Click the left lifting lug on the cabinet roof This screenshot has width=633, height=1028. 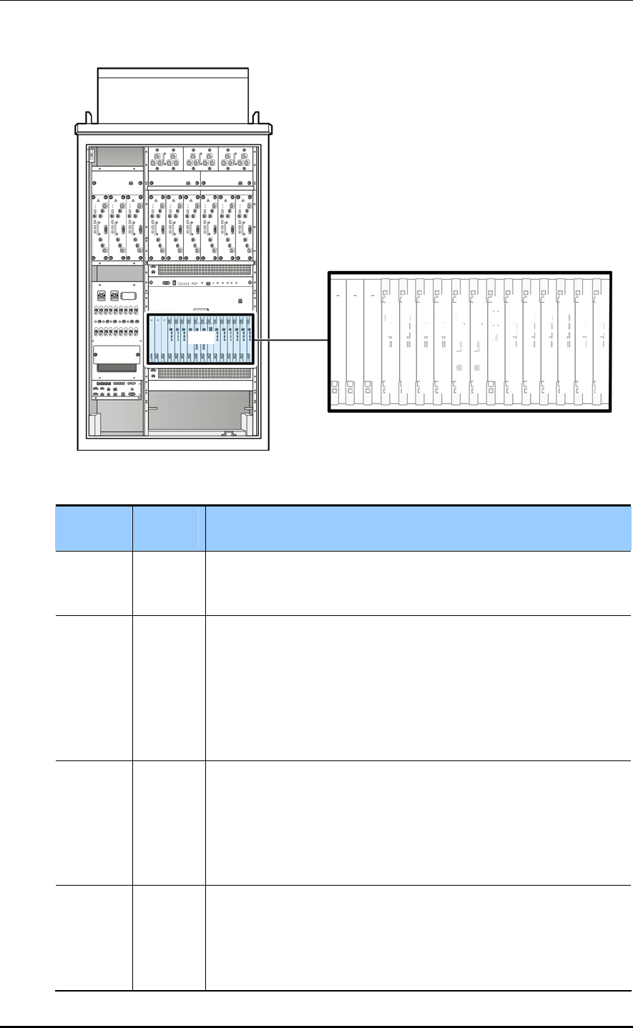[87, 116]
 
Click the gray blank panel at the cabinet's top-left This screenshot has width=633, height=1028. [118, 157]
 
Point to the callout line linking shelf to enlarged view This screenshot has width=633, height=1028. [290, 340]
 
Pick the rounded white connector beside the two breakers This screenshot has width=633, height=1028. [128, 295]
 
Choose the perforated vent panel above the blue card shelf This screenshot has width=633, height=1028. [200, 270]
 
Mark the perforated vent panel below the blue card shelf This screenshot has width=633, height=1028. [200, 373]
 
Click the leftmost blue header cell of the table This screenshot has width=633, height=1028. [94, 528]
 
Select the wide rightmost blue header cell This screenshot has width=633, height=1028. [418, 528]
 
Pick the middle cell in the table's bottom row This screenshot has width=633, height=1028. [169, 937]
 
